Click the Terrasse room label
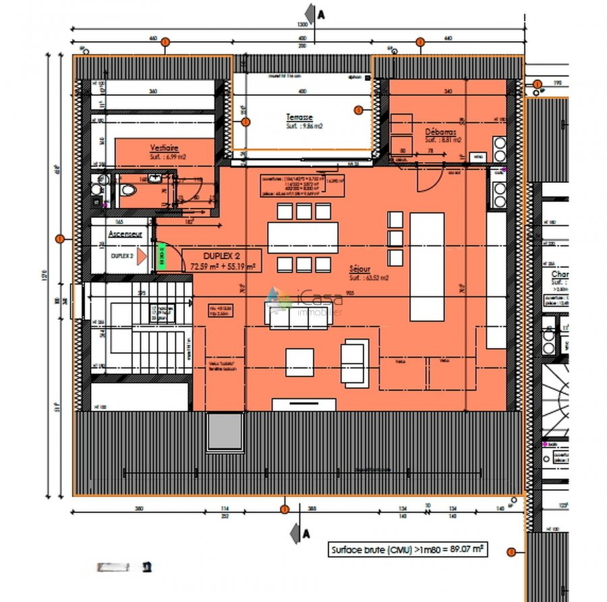coord(299,117)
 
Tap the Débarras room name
coord(441,132)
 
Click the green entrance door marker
coord(161,256)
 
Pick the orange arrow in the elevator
coord(141,256)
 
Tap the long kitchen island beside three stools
coord(427,267)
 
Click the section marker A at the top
coord(311,14)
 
